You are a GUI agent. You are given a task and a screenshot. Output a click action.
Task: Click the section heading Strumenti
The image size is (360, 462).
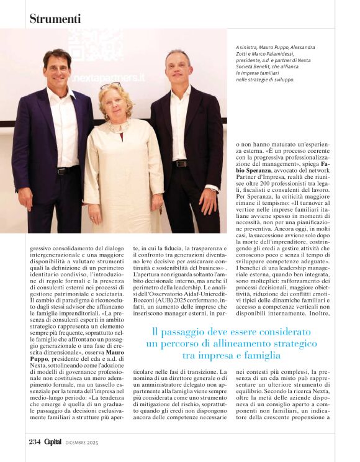click(55, 19)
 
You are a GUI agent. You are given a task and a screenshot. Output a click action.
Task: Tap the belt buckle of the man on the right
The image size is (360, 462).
click(180, 163)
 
